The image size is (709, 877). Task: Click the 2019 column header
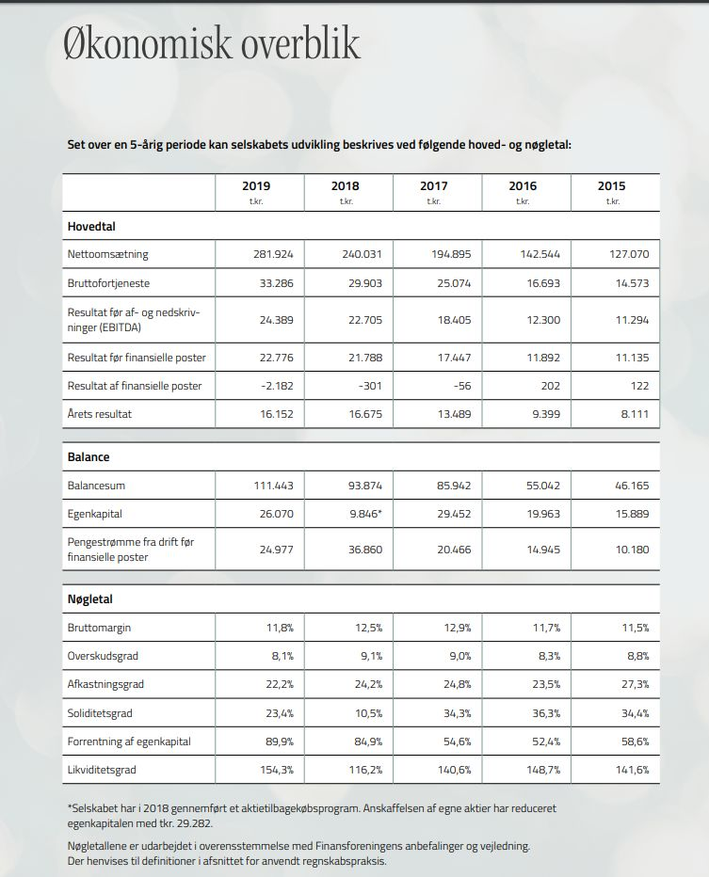pos(256,186)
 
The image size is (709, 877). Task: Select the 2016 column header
pos(523,186)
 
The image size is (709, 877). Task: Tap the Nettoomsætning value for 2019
pos(274,254)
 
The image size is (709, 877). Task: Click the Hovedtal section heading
pos(91,227)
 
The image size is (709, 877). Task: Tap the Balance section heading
pos(89,456)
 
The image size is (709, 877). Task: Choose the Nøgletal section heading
pos(90,598)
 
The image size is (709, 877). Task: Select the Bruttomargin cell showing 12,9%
pos(457,628)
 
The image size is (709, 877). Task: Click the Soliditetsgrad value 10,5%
pos(367,713)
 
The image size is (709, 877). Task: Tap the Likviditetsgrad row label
pos(102,770)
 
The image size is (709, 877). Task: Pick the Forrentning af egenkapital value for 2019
pos(279,741)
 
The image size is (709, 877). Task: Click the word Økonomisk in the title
pos(132,45)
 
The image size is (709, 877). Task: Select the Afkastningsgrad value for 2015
pos(634,685)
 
